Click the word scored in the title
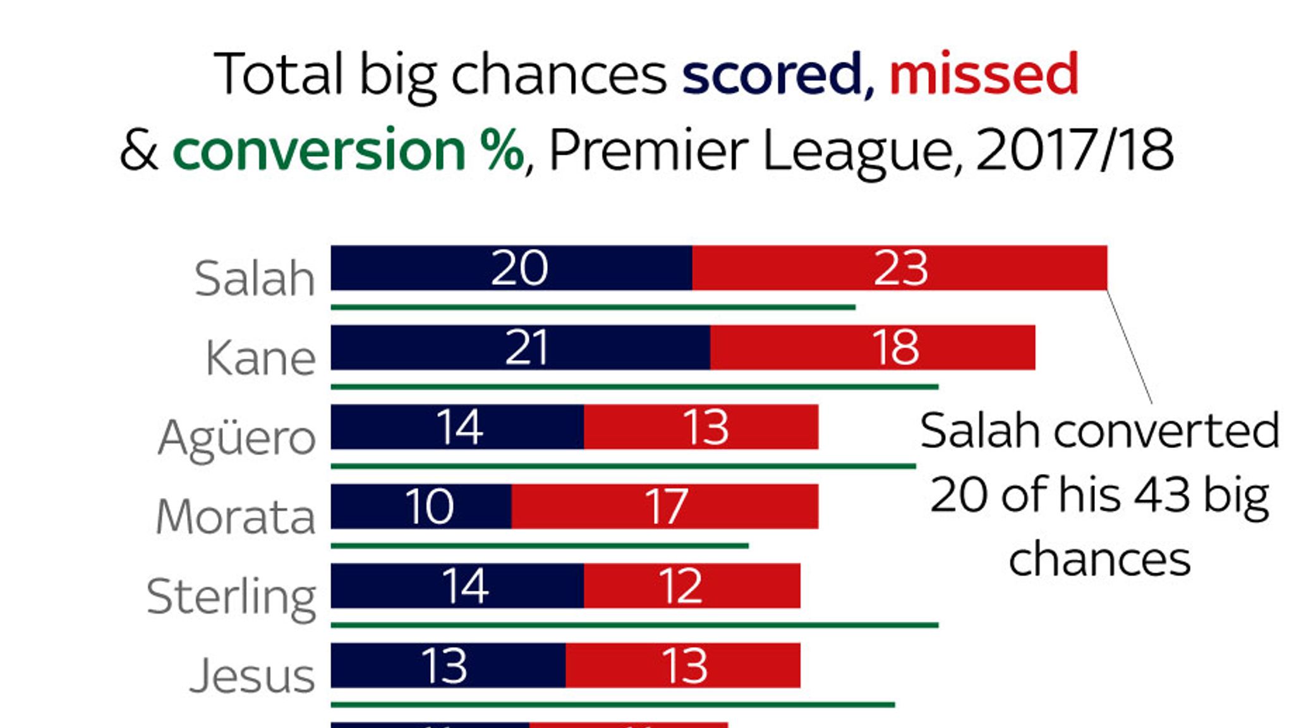772,75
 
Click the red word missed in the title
984,75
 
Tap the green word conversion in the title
319,150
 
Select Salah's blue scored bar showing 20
511,268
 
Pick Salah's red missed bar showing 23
899,268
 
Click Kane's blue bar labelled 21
520,348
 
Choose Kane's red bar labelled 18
873,348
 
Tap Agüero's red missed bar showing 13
701,427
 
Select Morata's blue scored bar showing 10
421,507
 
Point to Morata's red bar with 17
665,507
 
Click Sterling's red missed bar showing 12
692,586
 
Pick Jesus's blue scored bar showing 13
448,666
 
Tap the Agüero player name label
237,438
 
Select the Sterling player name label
231,597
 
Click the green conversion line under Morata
540,546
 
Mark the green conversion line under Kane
634,387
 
